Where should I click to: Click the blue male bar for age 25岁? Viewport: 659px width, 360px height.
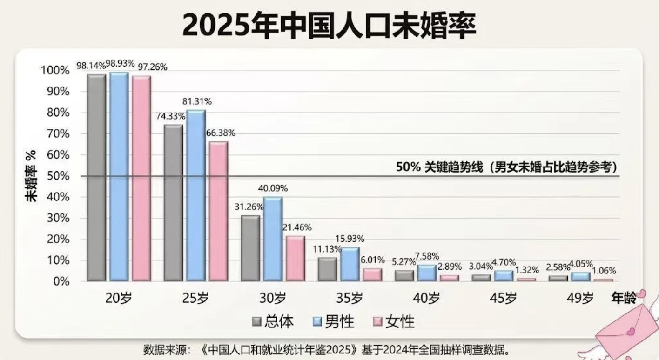(x=196, y=196)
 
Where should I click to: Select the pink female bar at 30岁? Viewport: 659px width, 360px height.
(x=296, y=259)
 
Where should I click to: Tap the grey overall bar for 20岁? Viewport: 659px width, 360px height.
(x=96, y=178)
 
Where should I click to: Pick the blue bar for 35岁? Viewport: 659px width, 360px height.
(x=350, y=264)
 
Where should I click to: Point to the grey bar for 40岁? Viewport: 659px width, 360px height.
(x=404, y=276)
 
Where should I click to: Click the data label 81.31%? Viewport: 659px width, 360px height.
(x=197, y=101)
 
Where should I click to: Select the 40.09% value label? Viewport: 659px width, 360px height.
(x=273, y=188)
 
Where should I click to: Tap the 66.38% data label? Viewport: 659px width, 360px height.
(x=221, y=133)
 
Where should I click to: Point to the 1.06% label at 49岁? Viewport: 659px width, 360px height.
(x=604, y=271)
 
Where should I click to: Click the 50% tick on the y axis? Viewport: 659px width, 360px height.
(x=58, y=176)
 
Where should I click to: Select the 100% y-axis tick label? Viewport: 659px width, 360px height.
(x=55, y=70)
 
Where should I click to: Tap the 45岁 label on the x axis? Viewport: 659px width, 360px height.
(x=503, y=298)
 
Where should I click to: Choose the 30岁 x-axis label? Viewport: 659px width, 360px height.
(x=273, y=298)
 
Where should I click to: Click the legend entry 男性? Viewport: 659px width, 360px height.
(x=333, y=321)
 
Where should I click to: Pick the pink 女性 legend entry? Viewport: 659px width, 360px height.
(x=394, y=321)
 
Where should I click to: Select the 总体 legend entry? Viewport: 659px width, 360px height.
(x=273, y=321)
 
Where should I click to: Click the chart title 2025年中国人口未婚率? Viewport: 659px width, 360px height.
(x=329, y=25)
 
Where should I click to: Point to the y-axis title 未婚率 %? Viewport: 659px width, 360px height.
(x=31, y=176)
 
